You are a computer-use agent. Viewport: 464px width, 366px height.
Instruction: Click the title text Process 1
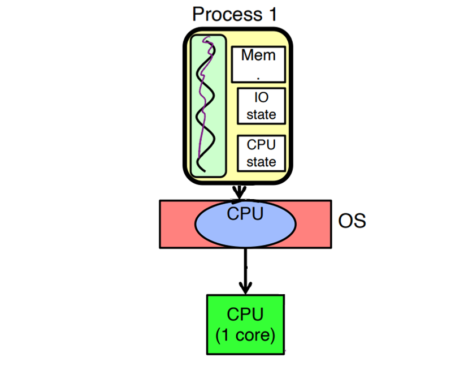point(235,14)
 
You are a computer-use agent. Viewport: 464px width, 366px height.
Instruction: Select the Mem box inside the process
point(258,64)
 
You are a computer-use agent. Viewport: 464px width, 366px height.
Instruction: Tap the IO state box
point(261,106)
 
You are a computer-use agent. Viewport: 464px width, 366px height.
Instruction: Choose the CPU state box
point(261,153)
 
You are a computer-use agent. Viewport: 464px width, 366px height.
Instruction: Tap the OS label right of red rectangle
point(352,221)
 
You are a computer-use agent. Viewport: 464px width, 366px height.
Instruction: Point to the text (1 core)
point(245,334)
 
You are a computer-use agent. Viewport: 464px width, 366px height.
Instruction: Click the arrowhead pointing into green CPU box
point(245,289)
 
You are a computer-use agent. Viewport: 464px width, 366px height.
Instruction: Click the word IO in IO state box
point(261,98)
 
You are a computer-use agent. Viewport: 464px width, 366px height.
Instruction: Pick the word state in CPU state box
point(261,162)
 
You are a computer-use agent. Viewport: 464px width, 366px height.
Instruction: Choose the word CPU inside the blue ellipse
point(245,214)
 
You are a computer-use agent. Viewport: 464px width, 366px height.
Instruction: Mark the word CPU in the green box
point(245,315)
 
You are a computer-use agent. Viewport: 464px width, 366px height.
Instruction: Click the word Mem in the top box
point(258,55)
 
